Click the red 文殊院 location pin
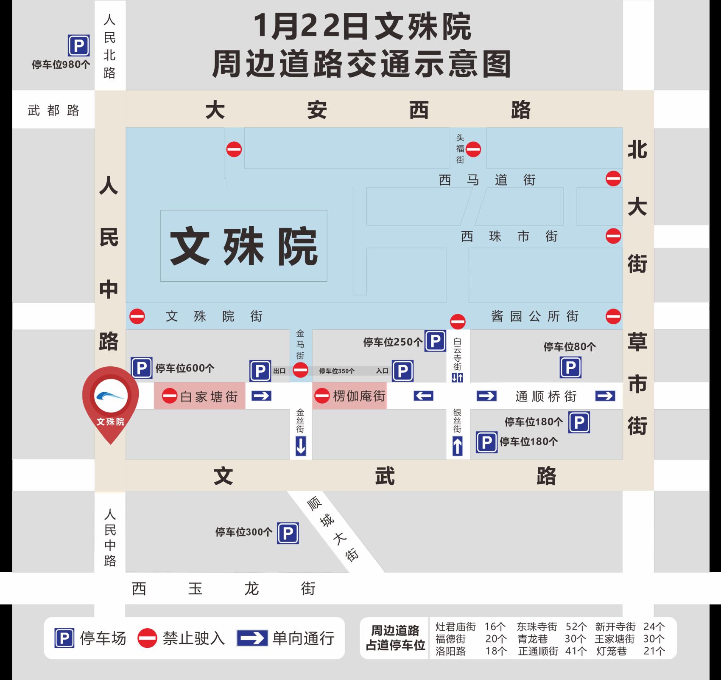click(110, 399)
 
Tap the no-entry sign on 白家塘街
click(170, 396)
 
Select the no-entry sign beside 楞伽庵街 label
click(322, 396)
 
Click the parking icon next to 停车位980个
click(79, 46)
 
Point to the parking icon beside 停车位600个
click(142, 368)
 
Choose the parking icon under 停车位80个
click(570, 368)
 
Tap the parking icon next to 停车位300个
click(288, 533)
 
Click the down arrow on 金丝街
click(301, 446)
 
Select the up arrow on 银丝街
click(457, 446)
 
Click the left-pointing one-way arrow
click(423, 396)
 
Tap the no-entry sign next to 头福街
click(473, 149)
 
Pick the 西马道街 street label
click(487, 180)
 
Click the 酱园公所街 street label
click(535, 316)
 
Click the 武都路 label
click(53, 110)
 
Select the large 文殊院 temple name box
click(244, 246)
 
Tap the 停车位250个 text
click(393, 342)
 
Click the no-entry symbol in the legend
click(147, 638)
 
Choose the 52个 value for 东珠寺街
click(576, 627)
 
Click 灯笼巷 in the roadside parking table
click(611, 651)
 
